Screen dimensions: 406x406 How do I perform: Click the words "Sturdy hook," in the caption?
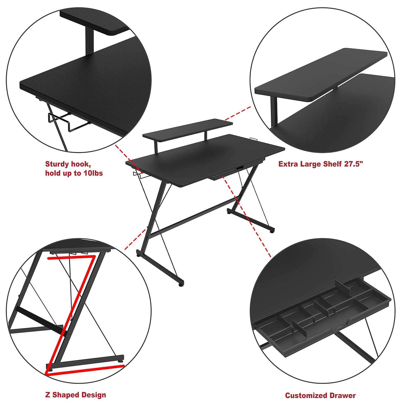pos(67,164)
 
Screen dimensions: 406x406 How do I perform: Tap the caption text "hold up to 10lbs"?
pos(74,173)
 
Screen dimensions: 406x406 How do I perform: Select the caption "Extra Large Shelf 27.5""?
pos(320,164)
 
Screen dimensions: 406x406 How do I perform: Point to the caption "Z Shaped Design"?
pos(75,395)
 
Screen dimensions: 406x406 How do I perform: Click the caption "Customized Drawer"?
pos(320,395)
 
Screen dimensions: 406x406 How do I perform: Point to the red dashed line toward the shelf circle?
pos(238,113)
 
